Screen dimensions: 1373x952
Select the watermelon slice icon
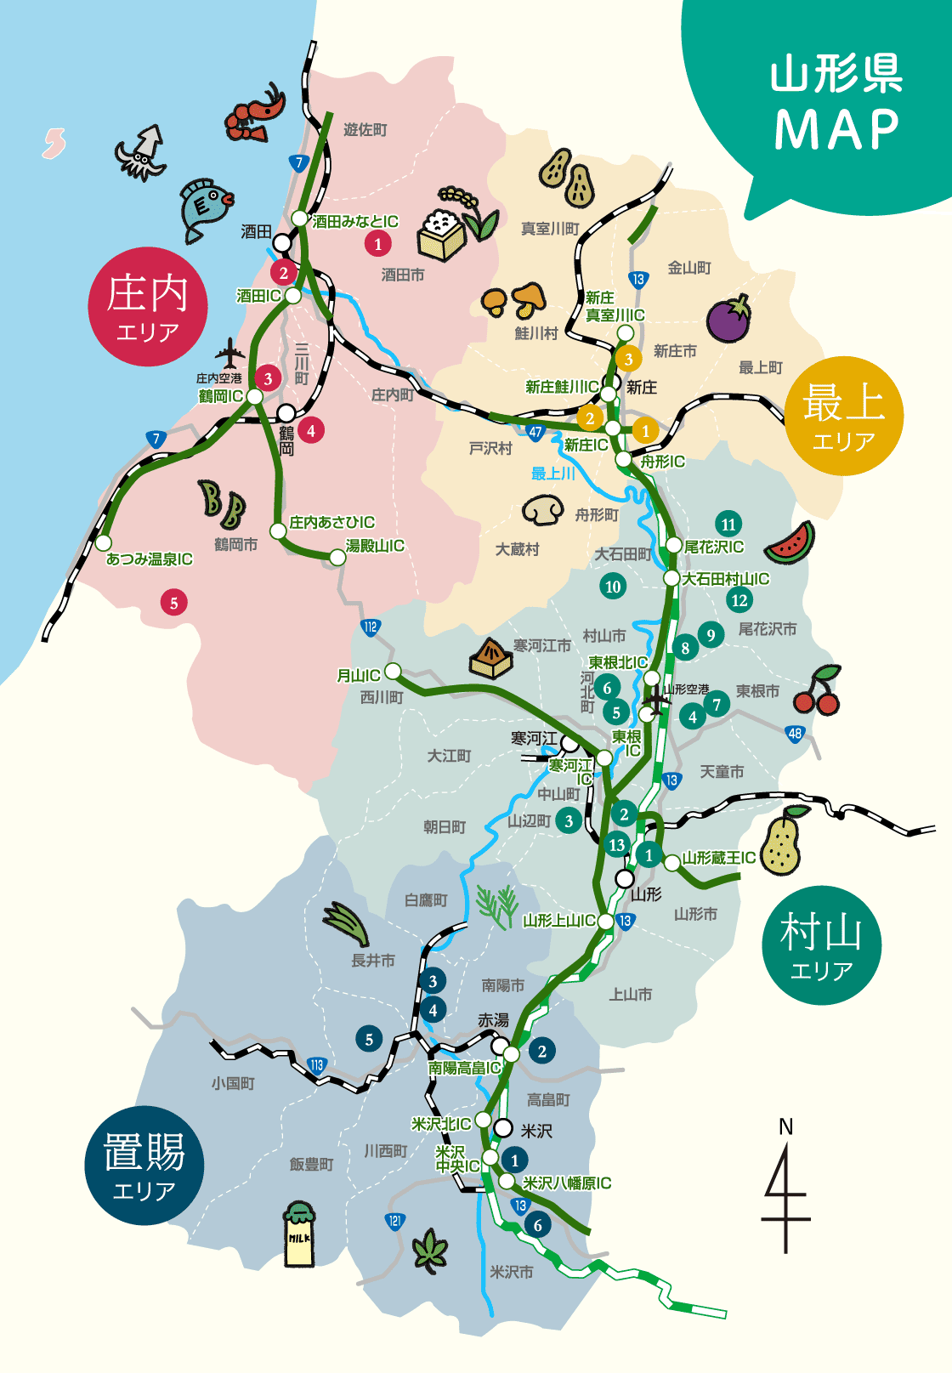click(x=790, y=544)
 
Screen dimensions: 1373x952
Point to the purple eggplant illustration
click(x=729, y=319)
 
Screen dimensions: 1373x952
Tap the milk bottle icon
click(x=299, y=1234)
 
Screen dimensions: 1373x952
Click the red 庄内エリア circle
click(x=148, y=307)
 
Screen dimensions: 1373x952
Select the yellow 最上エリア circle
click(x=843, y=416)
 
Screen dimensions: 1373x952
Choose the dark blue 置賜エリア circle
click(x=144, y=1165)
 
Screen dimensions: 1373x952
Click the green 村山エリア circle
click(x=821, y=945)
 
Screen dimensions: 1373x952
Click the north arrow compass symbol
click(x=785, y=1190)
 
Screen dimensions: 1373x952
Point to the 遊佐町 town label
click(x=365, y=130)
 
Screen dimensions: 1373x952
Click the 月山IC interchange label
click(x=358, y=676)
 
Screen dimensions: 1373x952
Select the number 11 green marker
click(x=728, y=524)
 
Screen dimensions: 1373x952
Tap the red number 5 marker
click(x=173, y=603)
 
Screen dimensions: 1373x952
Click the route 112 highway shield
click(x=371, y=627)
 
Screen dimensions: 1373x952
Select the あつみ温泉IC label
click(x=150, y=559)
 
